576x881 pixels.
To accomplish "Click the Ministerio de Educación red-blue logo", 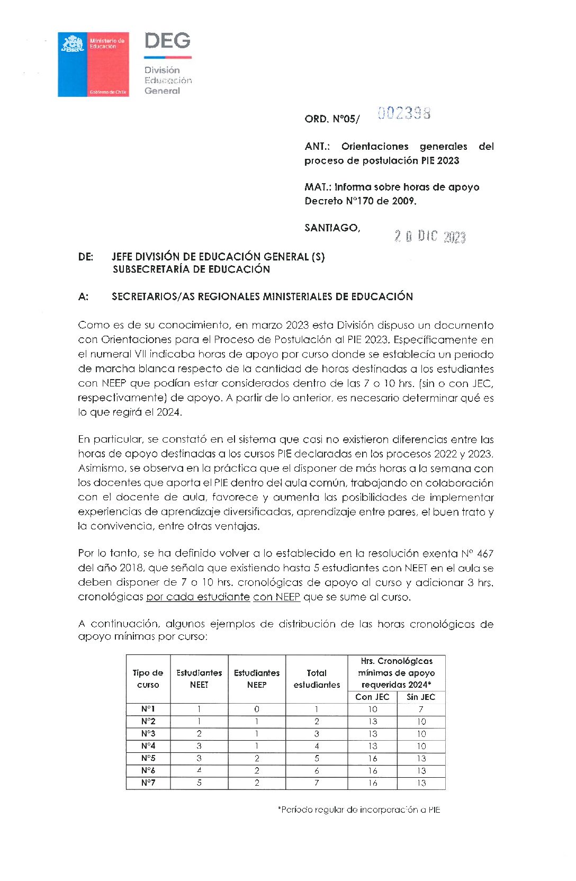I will click(93, 64).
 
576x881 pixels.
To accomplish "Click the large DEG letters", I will click(167, 41).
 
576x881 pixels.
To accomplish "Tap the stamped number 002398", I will click(404, 113).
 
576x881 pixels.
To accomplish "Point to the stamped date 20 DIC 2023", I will click(429, 236).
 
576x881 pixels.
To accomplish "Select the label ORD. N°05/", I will click(331, 119).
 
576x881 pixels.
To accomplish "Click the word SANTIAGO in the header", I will click(332, 228).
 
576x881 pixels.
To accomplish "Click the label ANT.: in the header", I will click(317, 147).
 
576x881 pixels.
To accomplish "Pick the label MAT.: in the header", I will click(317, 187).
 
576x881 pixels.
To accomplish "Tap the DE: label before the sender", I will click(86, 257).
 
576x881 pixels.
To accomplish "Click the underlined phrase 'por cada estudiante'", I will click(198, 597).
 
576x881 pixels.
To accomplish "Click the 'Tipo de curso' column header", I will click(148, 679).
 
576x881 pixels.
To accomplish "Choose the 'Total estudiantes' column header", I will click(317, 679).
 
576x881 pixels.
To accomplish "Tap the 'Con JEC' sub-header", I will click(372, 697).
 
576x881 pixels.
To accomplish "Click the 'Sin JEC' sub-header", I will click(421, 697).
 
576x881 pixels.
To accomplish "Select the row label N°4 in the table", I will click(148, 746).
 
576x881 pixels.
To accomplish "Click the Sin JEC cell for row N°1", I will click(421, 709).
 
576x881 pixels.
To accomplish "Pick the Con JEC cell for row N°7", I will click(373, 783).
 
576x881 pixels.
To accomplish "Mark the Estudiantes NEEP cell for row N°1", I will click(257, 709).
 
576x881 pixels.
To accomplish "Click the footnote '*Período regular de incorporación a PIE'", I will click(359, 810).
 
